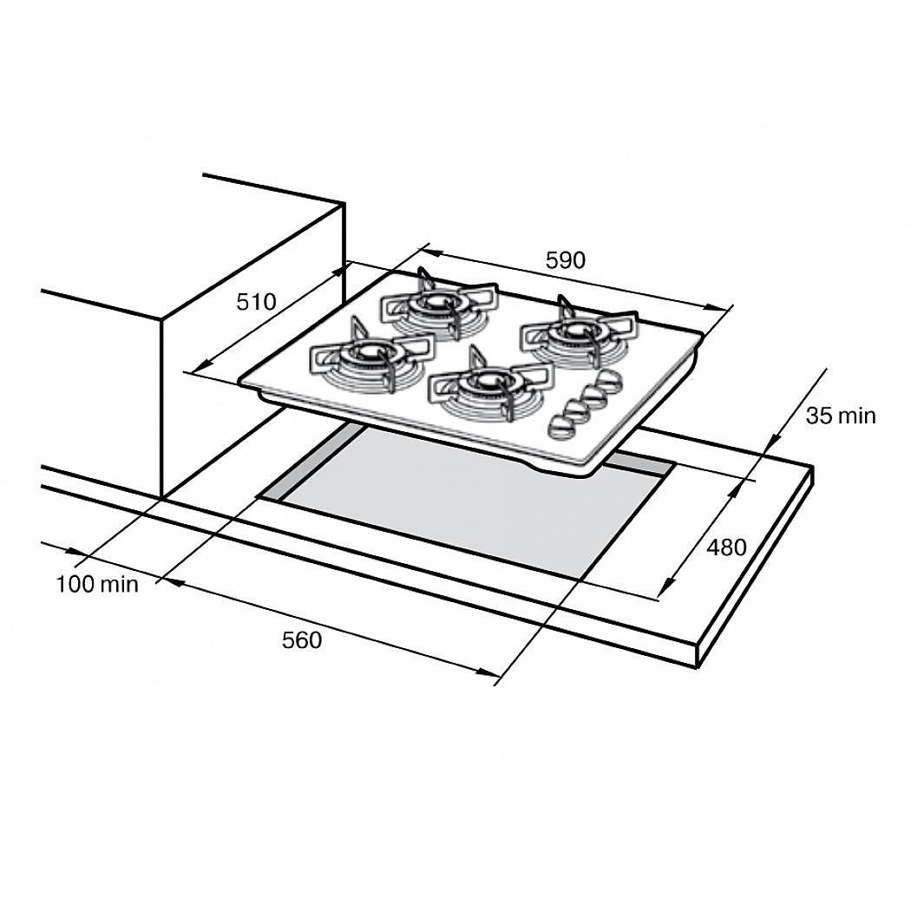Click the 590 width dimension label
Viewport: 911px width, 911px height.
point(566,260)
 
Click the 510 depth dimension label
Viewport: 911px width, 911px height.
point(256,302)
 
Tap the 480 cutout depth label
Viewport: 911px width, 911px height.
point(726,547)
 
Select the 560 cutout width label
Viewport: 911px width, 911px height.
point(302,640)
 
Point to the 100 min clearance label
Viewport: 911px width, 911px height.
point(97,584)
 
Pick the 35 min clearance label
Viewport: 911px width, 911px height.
point(840,416)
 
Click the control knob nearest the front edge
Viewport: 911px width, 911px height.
point(561,427)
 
